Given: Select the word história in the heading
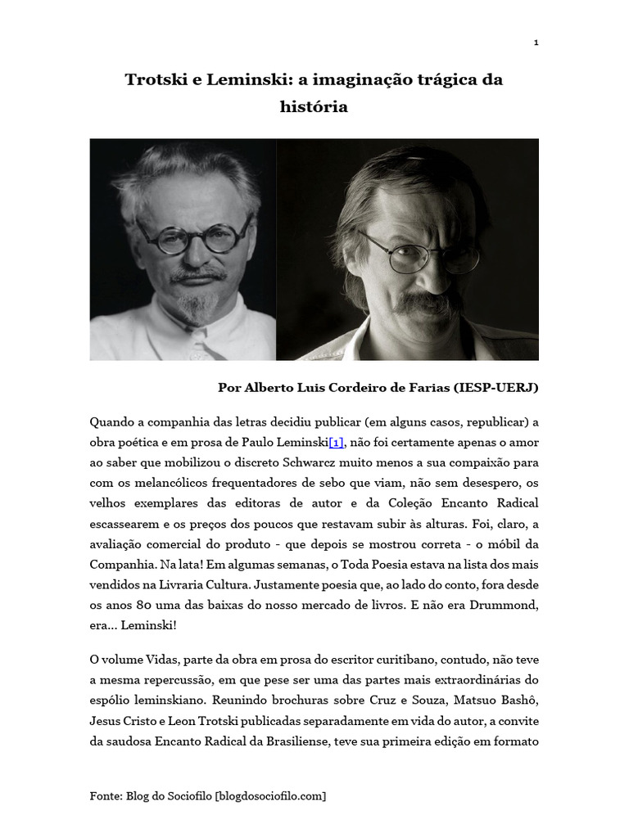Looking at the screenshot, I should (314, 107).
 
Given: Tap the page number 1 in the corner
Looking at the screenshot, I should (536, 42).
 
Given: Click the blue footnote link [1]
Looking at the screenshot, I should (337, 443).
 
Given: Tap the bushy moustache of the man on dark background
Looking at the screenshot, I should (427, 304).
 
